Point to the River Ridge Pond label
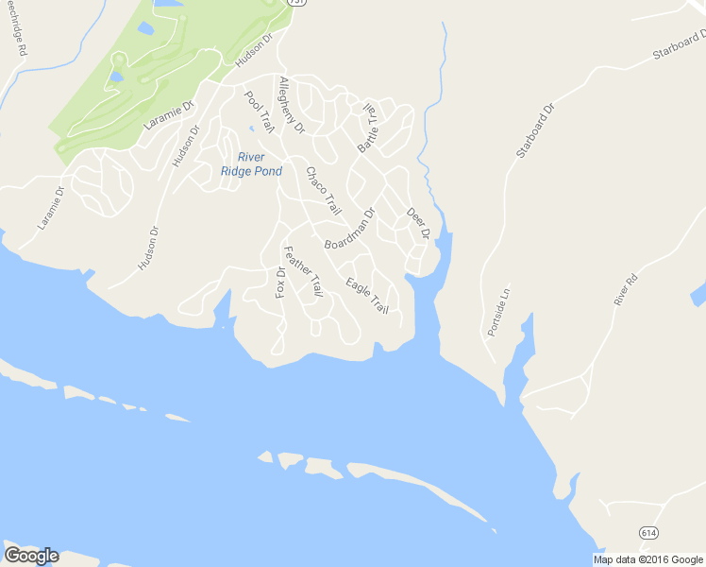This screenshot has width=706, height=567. tap(251, 163)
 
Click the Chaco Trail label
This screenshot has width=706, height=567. tap(323, 190)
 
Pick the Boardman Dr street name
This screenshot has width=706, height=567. tap(349, 229)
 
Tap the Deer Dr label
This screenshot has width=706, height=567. tap(417, 223)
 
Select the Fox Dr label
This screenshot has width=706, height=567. tap(280, 282)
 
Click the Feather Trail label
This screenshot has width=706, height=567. tap(303, 272)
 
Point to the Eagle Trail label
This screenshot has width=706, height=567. tap(367, 296)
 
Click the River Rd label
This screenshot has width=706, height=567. tap(626, 288)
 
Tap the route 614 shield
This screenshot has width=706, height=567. tap(647, 532)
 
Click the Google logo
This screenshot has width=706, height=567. tap(31, 555)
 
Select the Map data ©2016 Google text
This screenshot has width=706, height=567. tap(648, 559)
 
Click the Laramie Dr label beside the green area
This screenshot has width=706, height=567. tap(167, 114)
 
